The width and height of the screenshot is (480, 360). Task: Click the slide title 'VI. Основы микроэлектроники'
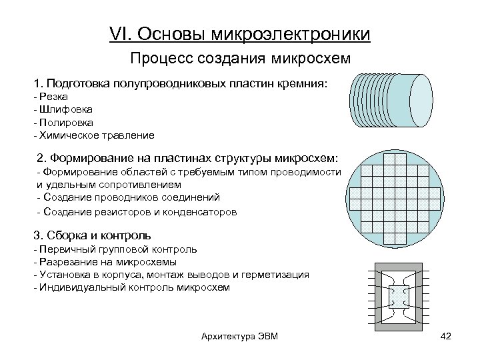(x=240, y=33)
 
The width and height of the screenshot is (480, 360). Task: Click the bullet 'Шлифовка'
(x=63, y=109)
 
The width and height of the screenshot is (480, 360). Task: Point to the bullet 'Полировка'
(x=64, y=122)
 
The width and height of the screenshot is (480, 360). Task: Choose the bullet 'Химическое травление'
(x=94, y=135)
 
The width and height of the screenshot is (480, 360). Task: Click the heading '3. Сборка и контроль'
(x=92, y=235)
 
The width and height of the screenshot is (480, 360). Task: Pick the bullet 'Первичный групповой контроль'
(x=115, y=249)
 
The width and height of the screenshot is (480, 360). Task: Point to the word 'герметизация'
(x=277, y=275)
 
